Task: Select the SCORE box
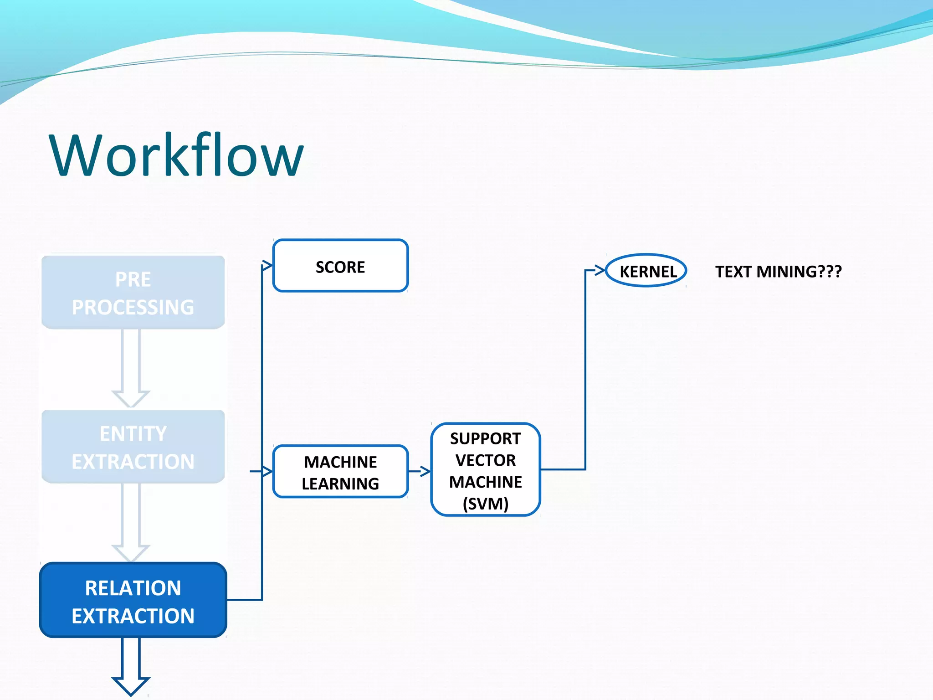[340, 266]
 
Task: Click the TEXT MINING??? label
[778, 272]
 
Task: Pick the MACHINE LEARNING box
[340, 472]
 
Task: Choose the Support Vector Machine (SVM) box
[486, 470]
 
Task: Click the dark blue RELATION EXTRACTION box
[133, 600]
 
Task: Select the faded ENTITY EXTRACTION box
[133, 447]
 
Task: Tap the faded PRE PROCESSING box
[133, 292]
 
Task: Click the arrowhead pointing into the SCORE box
[267, 265]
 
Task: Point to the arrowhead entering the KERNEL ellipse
[600, 270]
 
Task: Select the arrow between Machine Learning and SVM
[420, 471]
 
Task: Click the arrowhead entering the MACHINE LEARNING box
[267, 471]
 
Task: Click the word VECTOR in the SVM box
[486, 460]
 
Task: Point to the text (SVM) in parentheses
[486, 504]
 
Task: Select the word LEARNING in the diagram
[340, 484]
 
